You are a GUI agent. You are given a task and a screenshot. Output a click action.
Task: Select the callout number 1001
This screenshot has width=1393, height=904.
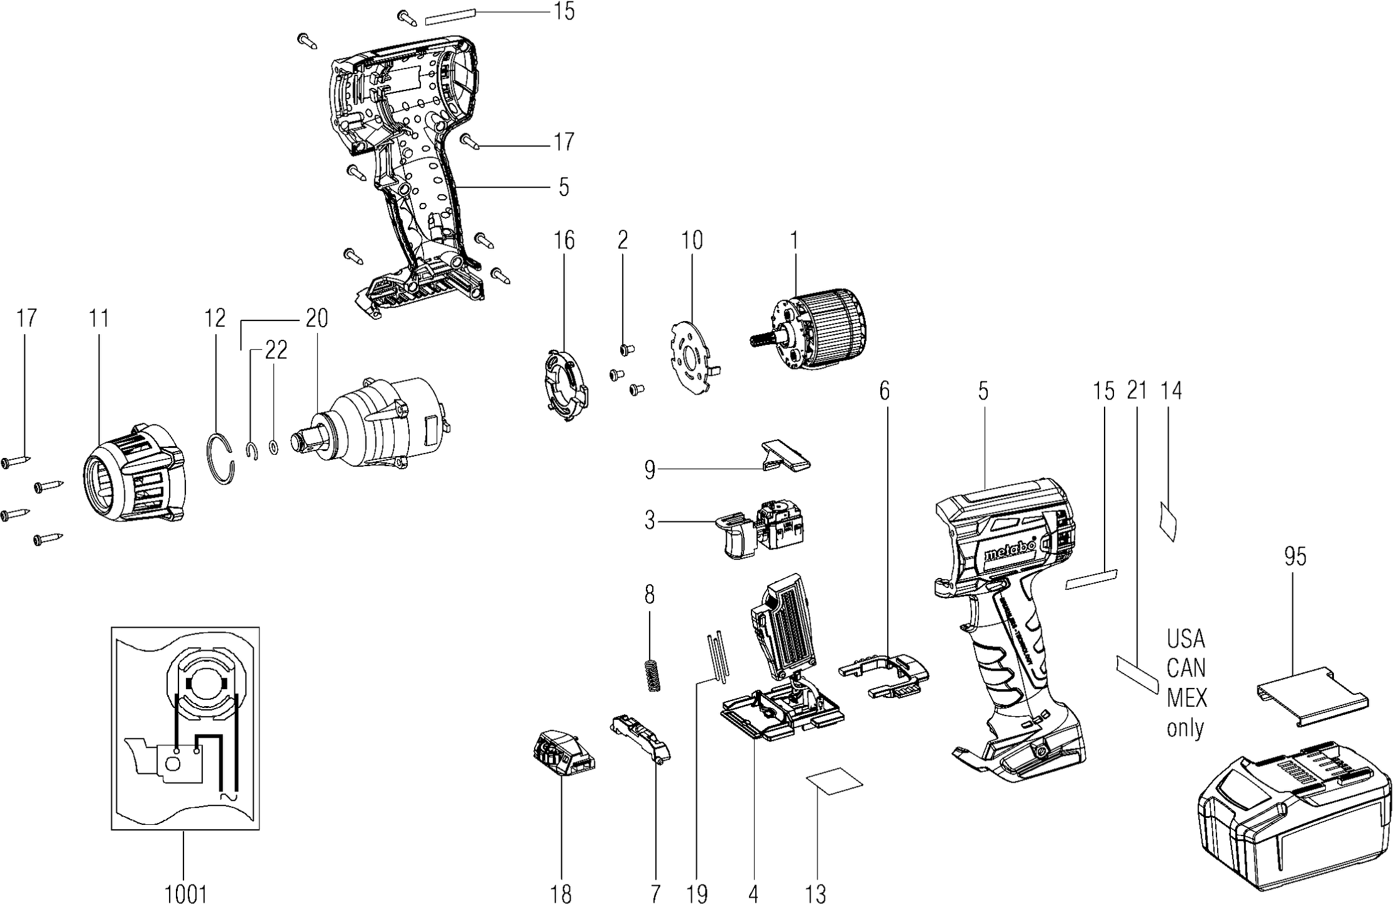tap(186, 893)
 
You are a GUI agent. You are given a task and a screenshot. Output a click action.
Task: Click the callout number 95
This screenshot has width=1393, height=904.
tap(1295, 557)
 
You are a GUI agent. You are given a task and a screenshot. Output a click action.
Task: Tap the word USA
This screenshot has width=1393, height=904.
tap(1186, 639)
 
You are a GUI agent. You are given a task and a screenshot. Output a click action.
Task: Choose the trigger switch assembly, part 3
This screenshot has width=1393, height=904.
tap(763, 530)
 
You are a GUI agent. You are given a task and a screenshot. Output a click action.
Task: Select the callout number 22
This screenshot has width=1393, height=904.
tap(276, 350)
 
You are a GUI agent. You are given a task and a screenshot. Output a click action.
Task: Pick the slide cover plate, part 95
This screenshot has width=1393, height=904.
tap(1313, 695)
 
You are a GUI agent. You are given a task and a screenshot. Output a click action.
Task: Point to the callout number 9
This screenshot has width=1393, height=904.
tap(650, 469)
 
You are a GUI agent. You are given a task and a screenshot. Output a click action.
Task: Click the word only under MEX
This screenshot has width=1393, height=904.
tap(1185, 728)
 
